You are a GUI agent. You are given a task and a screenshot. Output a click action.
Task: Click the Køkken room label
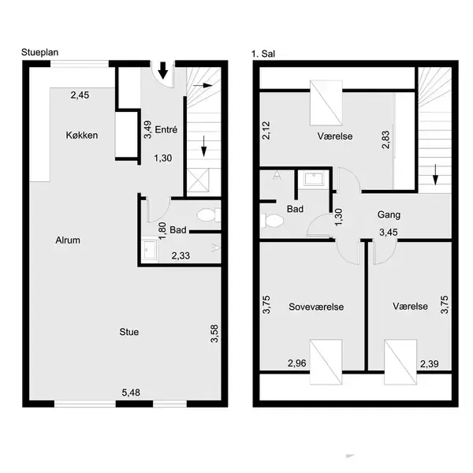(x=82, y=136)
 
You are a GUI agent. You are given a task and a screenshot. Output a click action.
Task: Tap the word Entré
(x=166, y=130)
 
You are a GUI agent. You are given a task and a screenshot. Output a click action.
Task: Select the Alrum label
(x=68, y=240)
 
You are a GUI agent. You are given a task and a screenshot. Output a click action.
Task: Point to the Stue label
(x=128, y=332)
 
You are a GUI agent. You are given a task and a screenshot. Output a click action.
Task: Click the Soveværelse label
(x=316, y=307)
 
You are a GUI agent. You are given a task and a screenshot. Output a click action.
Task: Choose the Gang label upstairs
(x=389, y=214)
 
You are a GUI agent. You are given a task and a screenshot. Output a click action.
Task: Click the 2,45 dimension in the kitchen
(x=81, y=96)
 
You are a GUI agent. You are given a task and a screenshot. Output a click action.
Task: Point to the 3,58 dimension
(x=214, y=333)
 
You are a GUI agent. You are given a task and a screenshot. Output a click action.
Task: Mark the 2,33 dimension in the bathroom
(x=181, y=255)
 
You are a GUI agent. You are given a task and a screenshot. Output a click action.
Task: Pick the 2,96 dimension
(x=296, y=363)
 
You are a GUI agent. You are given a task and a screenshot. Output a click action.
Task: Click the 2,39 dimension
(x=430, y=363)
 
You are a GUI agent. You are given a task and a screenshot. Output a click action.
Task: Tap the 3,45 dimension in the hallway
(x=389, y=233)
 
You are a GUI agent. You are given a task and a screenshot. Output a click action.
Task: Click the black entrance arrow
(x=163, y=73)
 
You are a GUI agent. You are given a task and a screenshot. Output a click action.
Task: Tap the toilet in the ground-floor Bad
(x=207, y=214)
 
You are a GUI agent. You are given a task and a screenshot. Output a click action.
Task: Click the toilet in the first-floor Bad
(x=274, y=221)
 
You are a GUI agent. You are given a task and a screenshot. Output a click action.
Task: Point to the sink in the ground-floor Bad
(x=151, y=251)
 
